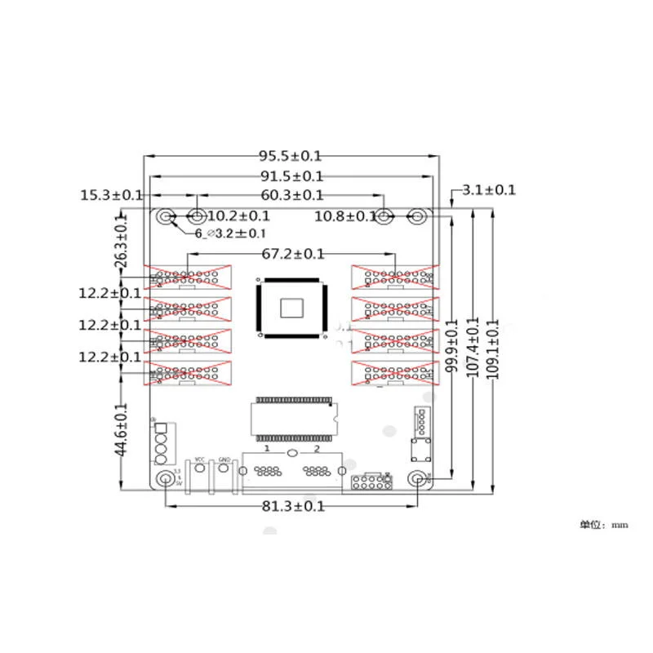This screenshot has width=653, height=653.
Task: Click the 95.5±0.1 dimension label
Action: coord(291,155)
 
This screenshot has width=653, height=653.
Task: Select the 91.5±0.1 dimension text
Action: coord(291,176)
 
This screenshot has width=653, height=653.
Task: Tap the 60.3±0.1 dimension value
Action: coord(291,195)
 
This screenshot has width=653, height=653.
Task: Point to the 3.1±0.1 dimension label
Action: coord(488,190)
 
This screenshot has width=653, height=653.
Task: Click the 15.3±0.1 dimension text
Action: coord(112,195)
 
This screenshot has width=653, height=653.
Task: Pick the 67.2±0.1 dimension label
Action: coord(293,255)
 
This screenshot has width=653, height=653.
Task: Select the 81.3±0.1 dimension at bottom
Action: coord(294,506)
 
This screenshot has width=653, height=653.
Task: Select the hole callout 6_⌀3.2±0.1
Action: coord(229,233)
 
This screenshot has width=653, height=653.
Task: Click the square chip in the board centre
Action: coord(292,308)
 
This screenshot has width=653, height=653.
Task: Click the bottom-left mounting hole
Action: coord(166,478)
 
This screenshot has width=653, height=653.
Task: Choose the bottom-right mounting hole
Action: coord(418,478)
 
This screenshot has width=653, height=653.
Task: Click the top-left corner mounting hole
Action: coord(166,217)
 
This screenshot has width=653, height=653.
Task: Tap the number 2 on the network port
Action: coord(317,451)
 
